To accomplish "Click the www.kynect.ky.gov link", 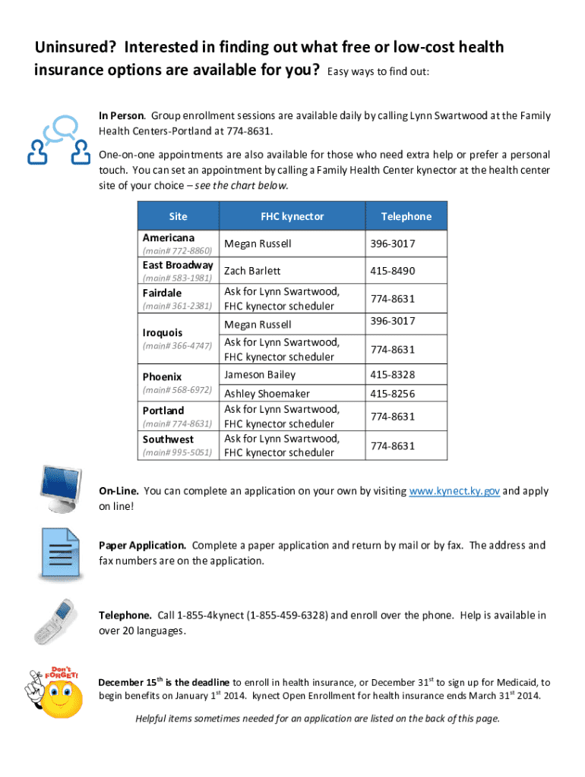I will pos(454,491).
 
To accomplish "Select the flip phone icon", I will pos(54,620).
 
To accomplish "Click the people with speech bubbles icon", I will pos(55,140).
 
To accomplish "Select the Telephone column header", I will pos(406,216).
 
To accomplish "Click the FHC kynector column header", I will pos(292,216).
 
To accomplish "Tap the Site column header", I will pos(178,216).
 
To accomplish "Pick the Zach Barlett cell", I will pos(252,271).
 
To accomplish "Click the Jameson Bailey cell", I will pos(260,375).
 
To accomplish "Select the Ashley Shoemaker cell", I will pos(267,394).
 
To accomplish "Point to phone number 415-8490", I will pos(392,271).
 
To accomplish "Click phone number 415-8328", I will pos(392,375).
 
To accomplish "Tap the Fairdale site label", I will pos(163,292).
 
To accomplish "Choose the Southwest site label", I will pos(168,439).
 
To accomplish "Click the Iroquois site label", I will pos(163,332).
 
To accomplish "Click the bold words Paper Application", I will pos(142,546).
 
